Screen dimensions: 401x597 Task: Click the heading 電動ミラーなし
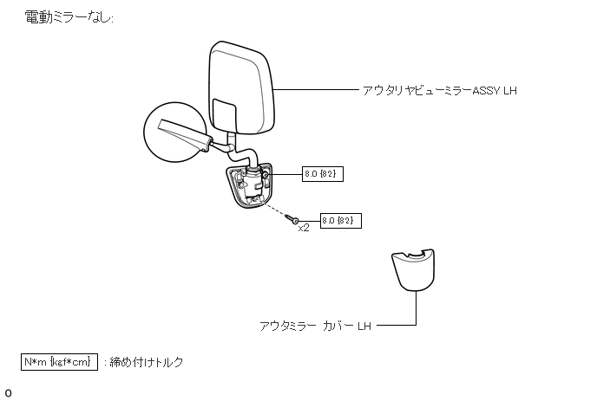point(69,17)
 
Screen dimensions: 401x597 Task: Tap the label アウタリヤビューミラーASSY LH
point(439,89)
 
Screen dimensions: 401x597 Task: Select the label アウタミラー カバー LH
point(315,327)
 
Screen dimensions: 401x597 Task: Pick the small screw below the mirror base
point(296,220)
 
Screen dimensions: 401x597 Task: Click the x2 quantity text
point(304,229)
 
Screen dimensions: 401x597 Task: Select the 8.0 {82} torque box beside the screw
point(341,220)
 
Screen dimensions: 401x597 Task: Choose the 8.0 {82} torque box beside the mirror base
point(319,174)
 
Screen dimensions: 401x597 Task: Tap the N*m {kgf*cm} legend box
point(59,361)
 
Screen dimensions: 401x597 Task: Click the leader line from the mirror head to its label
point(317,89)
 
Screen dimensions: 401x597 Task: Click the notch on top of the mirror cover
point(416,254)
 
